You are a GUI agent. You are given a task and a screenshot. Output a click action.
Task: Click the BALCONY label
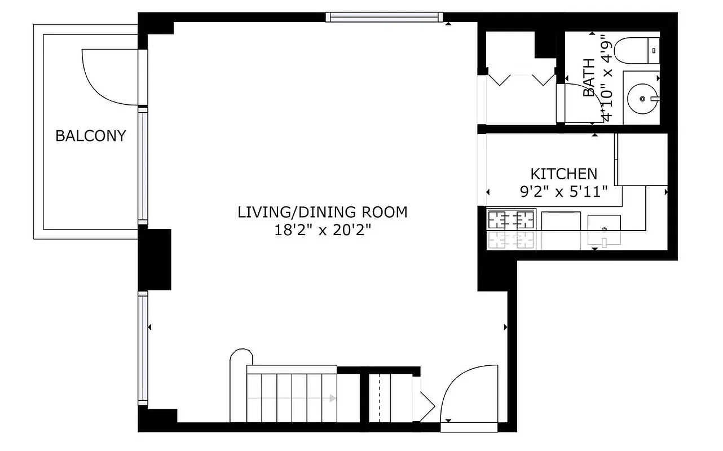pos(90,136)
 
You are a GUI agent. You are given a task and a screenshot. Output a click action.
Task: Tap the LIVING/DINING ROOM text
pos(322,213)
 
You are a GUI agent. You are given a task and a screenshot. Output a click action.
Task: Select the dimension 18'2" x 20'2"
pos(322,231)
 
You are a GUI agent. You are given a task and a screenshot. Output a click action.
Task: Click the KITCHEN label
pos(563,174)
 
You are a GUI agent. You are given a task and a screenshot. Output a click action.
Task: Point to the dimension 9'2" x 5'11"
pos(563,192)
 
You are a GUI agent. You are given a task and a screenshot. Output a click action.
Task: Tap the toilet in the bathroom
pos(636,50)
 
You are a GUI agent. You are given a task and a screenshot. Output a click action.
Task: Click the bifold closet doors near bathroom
pos(521,79)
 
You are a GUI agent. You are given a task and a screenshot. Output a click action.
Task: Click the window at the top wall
pos(383,17)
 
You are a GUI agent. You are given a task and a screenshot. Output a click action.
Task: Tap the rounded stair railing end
pos(241,359)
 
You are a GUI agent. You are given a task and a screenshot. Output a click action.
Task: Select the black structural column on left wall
pos(155,259)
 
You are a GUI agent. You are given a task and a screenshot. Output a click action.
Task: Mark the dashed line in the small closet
pos(381,397)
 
